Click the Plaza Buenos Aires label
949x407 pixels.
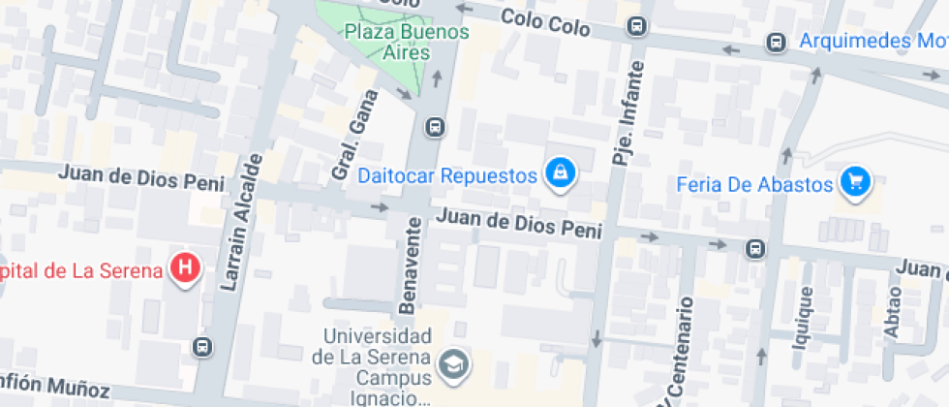[x=407, y=42]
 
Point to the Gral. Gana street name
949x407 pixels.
[x=352, y=137]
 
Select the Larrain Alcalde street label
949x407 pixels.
[x=242, y=222]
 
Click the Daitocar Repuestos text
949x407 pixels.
[x=446, y=176]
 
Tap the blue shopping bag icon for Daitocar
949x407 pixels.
[x=559, y=173]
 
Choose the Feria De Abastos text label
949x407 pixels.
[x=755, y=183]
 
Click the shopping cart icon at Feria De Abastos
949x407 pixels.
[x=855, y=181]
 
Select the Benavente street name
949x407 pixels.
[x=412, y=266]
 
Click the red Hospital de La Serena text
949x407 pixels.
[x=81, y=269]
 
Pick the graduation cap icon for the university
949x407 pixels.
[x=452, y=364]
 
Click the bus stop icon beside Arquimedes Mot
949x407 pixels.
[x=776, y=43]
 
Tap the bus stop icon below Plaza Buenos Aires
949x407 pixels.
[x=435, y=126]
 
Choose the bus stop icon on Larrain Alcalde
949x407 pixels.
[x=202, y=346]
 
